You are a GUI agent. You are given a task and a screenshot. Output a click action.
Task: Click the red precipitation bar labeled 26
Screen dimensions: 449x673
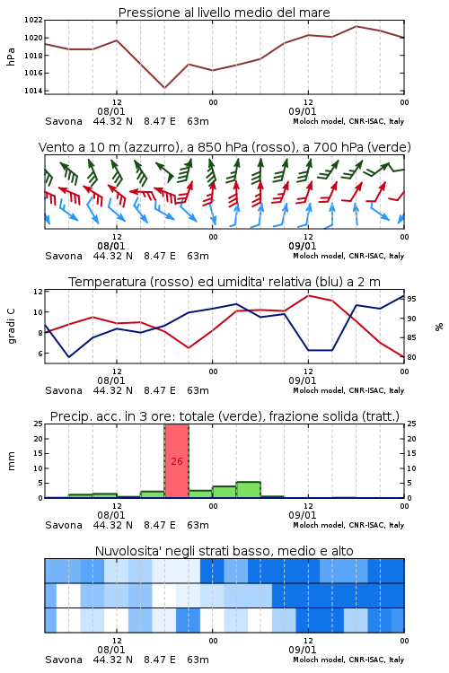click(177, 461)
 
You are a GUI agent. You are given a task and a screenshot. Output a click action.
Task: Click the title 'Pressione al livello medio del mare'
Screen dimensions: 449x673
click(224, 13)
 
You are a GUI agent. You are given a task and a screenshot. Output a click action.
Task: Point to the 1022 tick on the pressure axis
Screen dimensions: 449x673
click(33, 20)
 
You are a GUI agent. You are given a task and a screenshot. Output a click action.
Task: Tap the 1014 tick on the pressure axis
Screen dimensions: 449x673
click(33, 91)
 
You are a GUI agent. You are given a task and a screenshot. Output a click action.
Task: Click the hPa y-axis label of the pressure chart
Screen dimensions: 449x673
click(11, 57)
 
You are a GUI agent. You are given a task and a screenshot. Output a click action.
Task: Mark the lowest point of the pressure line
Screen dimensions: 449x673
click(164, 88)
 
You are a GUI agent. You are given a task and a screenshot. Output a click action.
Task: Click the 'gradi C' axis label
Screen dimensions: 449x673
click(11, 327)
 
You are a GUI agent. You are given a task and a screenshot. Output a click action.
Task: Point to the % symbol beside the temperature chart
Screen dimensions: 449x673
click(439, 327)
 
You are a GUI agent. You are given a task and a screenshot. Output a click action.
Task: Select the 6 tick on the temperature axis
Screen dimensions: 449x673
click(40, 354)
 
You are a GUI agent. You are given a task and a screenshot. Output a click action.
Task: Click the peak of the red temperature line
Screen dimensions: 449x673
click(308, 295)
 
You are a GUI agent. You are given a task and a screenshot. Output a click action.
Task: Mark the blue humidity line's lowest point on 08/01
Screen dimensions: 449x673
click(69, 357)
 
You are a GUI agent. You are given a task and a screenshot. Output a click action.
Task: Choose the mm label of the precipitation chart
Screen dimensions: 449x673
click(11, 461)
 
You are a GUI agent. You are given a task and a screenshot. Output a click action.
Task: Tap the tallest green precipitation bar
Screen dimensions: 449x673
click(249, 490)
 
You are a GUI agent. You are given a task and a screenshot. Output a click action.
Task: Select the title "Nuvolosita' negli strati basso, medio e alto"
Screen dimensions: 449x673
click(224, 551)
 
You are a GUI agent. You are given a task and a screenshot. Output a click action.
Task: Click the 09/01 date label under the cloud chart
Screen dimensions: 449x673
click(303, 650)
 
